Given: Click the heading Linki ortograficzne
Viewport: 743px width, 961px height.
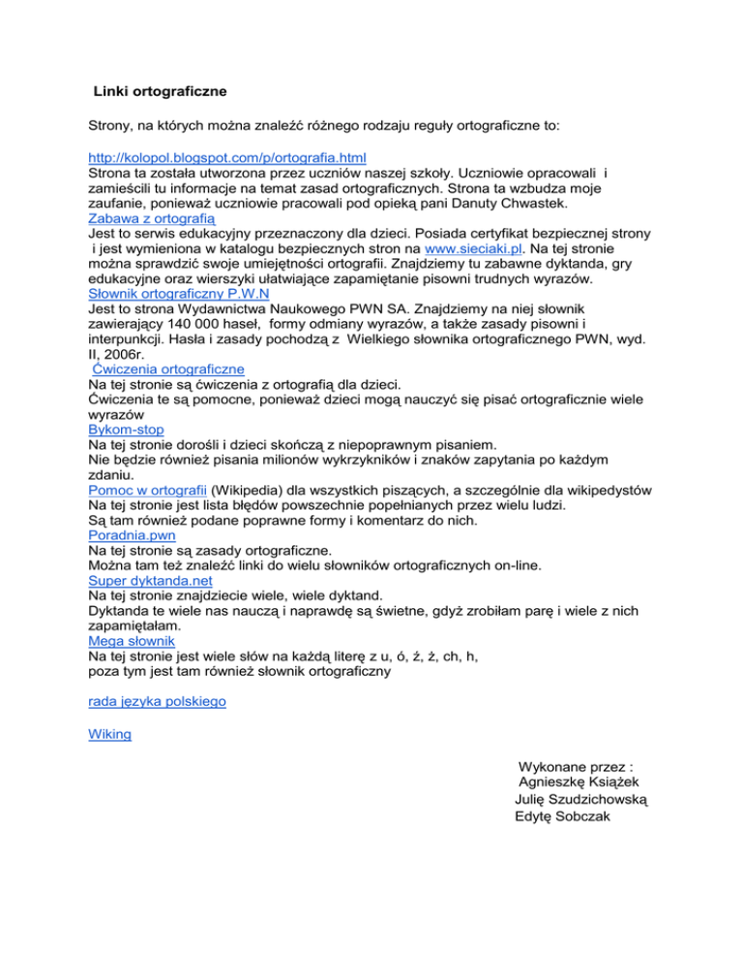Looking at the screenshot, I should coord(160,93).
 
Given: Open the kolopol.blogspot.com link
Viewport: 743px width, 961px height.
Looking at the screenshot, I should coord(232,157).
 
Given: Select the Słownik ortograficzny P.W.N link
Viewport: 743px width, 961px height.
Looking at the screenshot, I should coord(177,293).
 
